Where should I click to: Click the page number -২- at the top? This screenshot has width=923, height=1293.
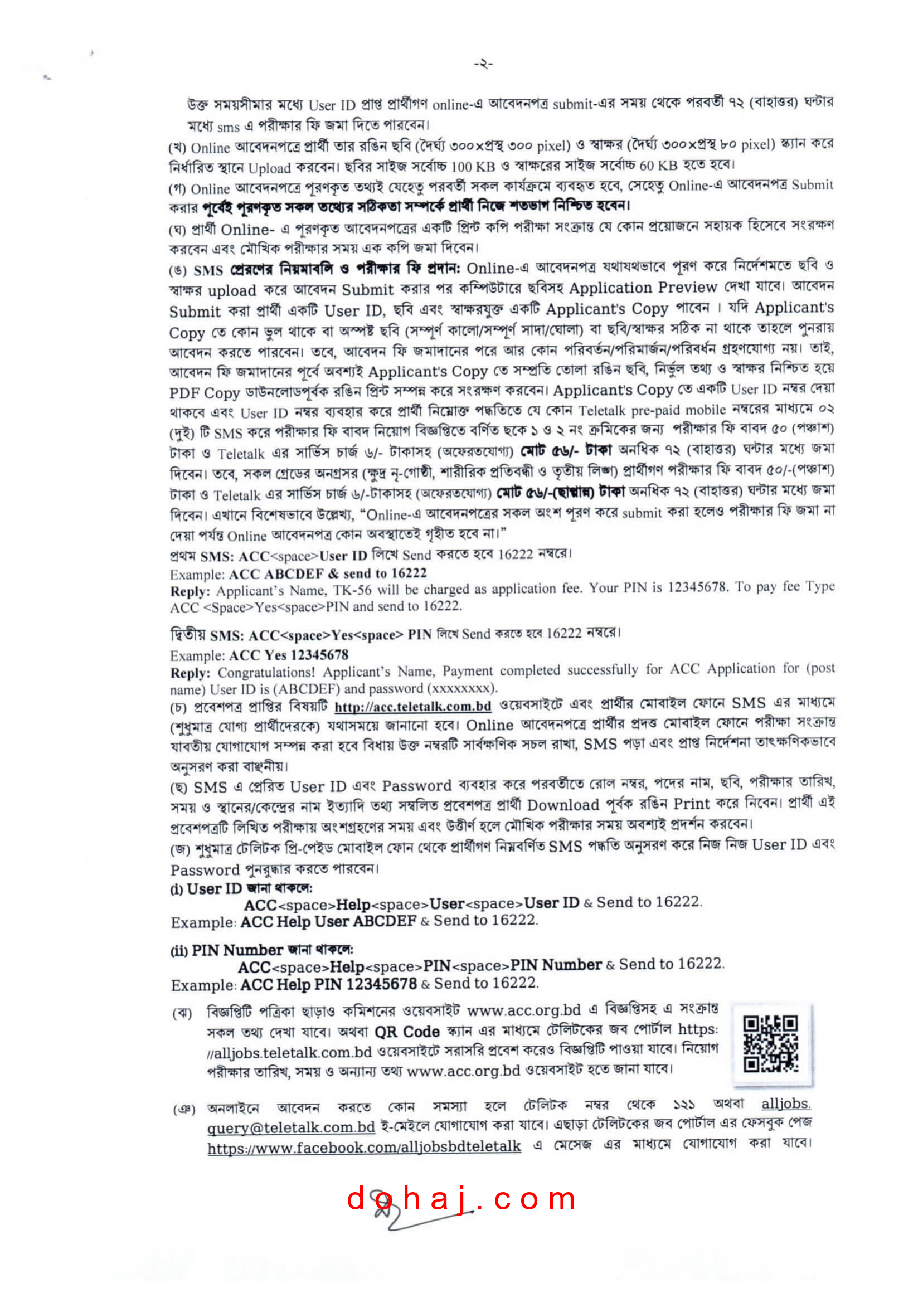click(x=483, y=64)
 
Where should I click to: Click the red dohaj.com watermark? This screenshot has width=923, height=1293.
click(x=461, y=1199)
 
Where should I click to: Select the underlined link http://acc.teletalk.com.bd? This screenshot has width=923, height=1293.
click(x=412, y=707)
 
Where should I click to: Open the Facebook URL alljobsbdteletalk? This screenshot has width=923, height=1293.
click(x=364, y=1147)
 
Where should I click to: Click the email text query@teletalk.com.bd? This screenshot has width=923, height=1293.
click(x=290, y=1127)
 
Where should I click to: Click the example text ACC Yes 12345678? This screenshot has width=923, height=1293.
click(x=289, y=655)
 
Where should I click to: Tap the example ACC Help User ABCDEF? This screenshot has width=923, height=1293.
click(x=328, y=921)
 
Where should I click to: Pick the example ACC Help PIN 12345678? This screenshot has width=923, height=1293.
click(x=328, y=984)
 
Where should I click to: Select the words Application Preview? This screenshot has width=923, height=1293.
click(x=643, y=288)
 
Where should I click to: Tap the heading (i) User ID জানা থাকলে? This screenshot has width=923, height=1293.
click(x=241, y=889)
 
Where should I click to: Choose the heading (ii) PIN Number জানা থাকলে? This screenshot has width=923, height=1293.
click(x=261, y=950)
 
